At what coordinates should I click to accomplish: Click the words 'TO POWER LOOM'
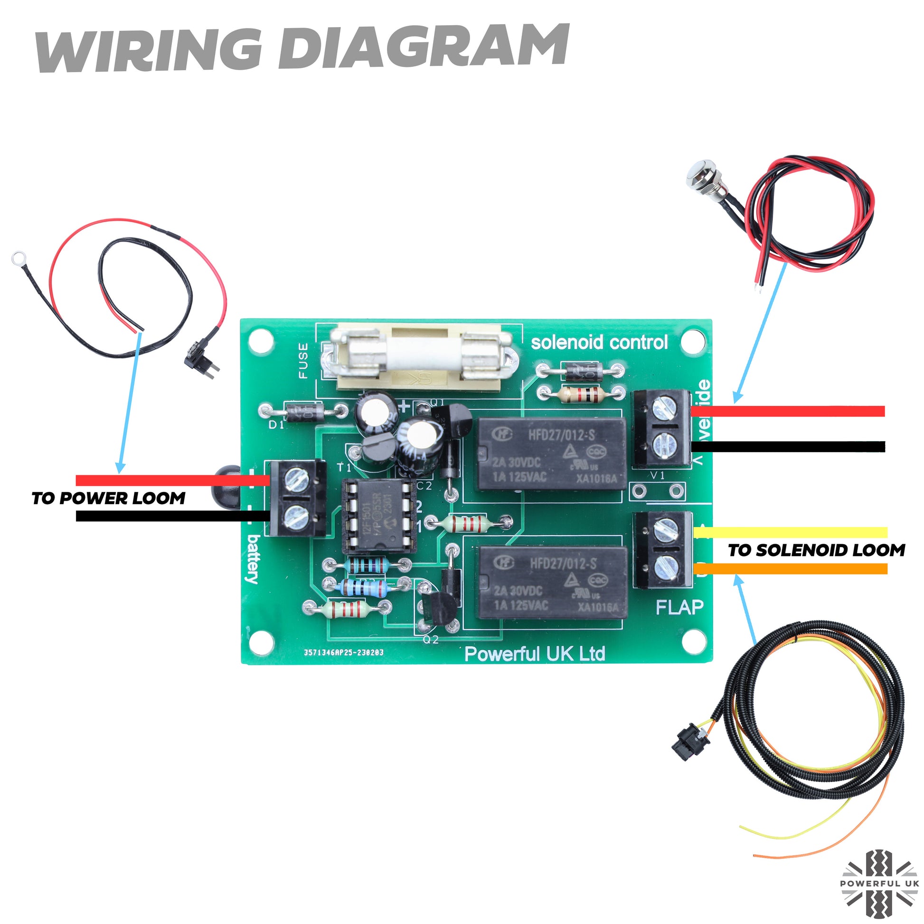pyautogui.click(x=109, y=499)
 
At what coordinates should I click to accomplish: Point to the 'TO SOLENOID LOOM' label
pyautogui.click(x=816, y=550)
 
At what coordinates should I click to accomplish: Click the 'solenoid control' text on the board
pyautogui.click(x=599, y=342)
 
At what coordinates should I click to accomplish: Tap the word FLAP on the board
pyautogui.click(x=679, y=608)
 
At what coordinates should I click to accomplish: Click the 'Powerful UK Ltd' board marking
pyautogui.click(x=534, y=654)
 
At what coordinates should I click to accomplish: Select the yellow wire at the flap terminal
pyautogui.click(x=789, y=532)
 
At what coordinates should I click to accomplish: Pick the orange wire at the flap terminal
pyautogui.click(x=789, y=569)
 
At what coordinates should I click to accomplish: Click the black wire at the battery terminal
pyautogui.click(x=172, y=516)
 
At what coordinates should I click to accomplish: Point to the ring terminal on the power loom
pyautogui.click(x=18, y=258)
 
